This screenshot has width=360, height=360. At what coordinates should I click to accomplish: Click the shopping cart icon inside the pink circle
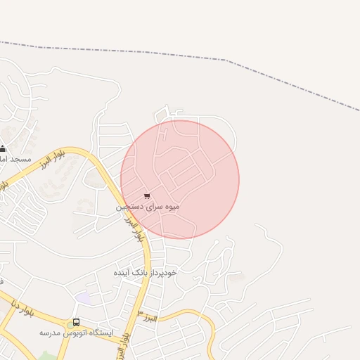[146, 196]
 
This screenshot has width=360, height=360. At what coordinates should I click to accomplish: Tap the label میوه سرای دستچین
[148, 207]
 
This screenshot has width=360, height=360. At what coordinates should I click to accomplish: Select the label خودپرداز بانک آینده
[146, 271]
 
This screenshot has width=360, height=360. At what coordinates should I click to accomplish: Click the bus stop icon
[76, 323]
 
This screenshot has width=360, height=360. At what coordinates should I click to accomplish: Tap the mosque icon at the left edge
[3, 148]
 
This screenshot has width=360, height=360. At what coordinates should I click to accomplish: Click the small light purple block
[84, 298]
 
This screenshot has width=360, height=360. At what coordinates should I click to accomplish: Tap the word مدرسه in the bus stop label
[49, 332]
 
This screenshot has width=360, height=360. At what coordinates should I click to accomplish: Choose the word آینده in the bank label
[124, 271]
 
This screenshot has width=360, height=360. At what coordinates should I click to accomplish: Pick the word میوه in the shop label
[172, 207]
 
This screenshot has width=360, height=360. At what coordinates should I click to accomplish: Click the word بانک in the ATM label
[143, 271]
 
